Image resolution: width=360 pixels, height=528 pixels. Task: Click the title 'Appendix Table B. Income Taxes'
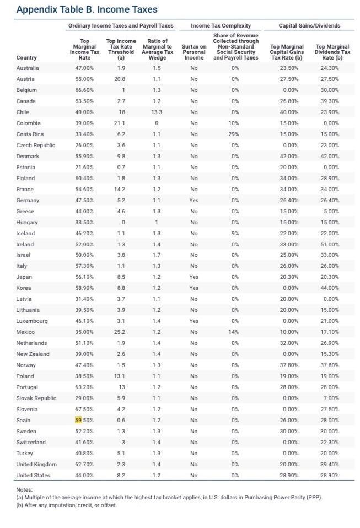tap(87, 9)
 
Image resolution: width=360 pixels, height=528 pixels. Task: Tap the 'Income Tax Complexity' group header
tap(221, 25)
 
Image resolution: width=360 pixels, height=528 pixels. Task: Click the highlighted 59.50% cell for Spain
tap(84, 421)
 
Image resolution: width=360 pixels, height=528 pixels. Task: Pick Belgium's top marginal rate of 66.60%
tap(84, 90)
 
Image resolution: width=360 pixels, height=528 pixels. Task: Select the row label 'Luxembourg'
tap(32, 321)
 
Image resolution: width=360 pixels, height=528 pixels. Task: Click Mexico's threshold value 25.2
tap(121, 332)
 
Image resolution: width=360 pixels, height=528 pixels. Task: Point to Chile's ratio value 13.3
tap(157, 112)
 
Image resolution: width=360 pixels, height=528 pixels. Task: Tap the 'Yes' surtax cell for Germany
tap(194, 200)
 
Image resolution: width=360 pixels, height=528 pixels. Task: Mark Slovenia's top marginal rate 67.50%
tap(84, 410)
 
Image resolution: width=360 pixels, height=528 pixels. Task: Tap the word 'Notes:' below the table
tap(24, 489)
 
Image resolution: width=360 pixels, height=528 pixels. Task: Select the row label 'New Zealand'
tap(33, 354)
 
